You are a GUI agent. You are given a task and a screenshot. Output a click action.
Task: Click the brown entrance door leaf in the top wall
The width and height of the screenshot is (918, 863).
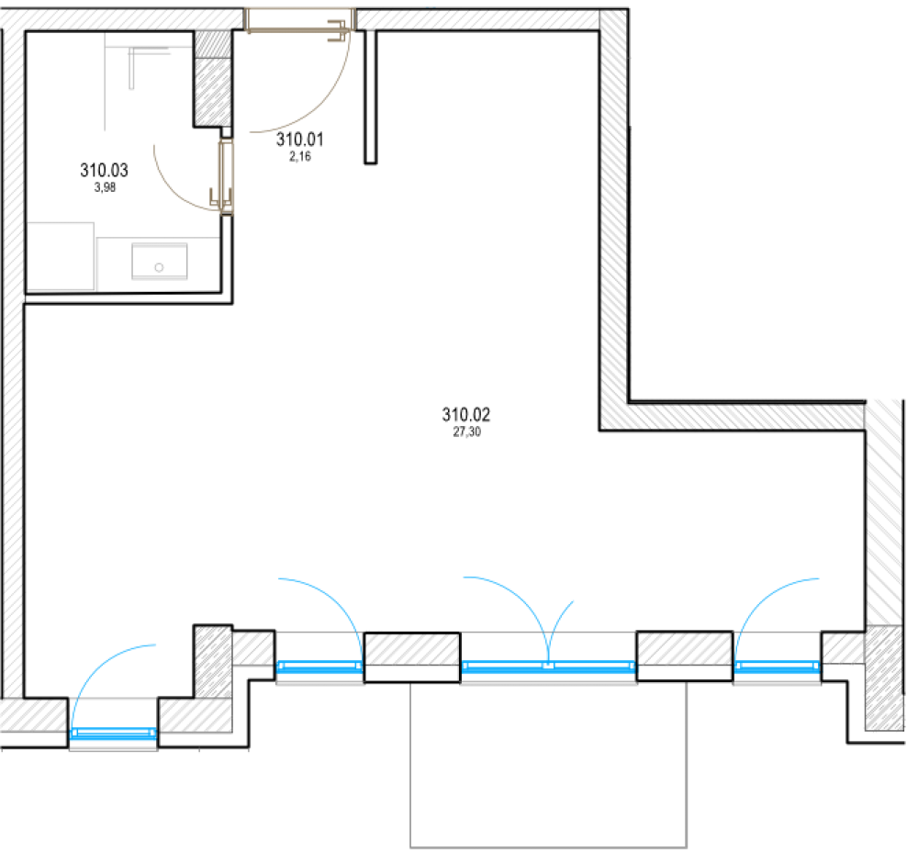click(298, 20)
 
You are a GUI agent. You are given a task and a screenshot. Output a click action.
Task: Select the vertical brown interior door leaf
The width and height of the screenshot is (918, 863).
click(226, 174)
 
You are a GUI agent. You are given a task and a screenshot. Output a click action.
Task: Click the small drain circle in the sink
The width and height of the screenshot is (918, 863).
click(159, 267)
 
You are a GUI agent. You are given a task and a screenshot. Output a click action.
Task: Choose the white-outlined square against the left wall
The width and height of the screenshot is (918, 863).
click(62, 256)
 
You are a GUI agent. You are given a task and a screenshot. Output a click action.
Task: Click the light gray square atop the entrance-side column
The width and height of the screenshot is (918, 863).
click(213, 44)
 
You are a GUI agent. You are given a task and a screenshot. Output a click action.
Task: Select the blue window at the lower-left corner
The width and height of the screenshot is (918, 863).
click(113, 734)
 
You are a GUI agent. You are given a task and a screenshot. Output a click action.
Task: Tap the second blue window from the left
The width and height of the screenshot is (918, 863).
click(319, 667)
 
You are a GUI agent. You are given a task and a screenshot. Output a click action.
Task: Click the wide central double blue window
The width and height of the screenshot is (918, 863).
click(548, 667)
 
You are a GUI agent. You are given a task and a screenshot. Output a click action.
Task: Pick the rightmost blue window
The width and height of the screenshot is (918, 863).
click(777, 667)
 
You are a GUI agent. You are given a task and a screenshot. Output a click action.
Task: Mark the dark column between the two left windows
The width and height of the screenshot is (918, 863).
click(213, 661)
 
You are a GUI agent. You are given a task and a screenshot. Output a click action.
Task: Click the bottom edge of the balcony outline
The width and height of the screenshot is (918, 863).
click(548, 847)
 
